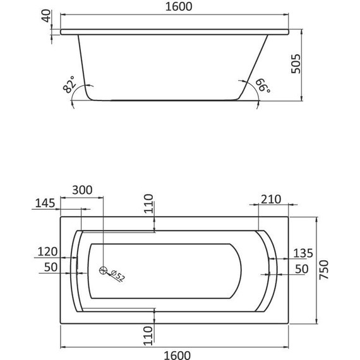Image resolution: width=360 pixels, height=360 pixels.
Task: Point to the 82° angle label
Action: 70,84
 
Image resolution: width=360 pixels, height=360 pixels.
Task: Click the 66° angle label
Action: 261,85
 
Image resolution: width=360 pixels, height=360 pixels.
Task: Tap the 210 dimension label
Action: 270,200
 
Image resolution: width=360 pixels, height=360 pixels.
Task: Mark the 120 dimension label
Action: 47,251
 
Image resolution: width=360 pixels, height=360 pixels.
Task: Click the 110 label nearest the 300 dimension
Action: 148,204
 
